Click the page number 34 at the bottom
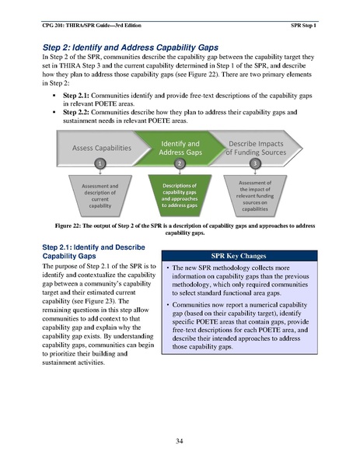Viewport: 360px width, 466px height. pos(180,441)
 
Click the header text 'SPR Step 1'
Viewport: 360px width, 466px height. pos(302,16)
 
